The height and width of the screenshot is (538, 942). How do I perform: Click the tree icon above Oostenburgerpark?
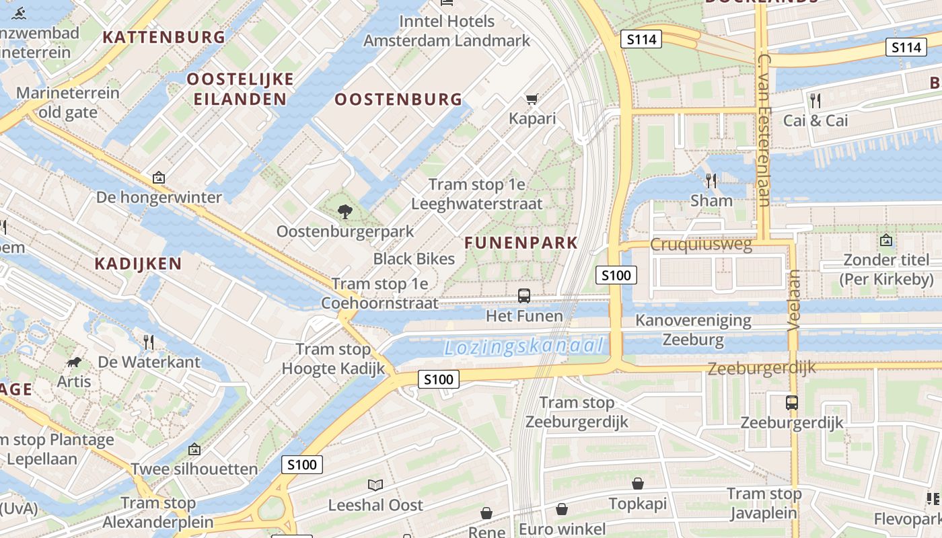point(345,212)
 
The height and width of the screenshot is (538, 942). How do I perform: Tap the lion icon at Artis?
point(73,362)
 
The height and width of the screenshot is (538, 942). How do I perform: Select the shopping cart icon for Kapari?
point(532,100)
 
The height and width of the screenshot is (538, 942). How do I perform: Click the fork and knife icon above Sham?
point(711,180)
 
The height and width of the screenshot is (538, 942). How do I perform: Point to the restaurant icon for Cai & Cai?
point(816,101)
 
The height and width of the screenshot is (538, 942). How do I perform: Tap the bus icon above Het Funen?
point(524,295)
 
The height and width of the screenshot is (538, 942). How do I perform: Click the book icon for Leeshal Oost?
point(375,485)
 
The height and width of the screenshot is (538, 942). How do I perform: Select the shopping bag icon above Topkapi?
point(637,484)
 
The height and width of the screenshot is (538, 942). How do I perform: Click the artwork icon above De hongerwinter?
point(159,178)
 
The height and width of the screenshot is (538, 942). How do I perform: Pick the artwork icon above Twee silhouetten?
point(194,449)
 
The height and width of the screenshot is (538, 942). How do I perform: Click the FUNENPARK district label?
point(521,243)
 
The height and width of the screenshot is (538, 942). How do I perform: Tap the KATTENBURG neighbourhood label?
point(164,37)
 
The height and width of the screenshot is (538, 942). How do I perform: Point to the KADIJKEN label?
point(138,263)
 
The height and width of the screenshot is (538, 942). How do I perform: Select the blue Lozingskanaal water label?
point(523,347)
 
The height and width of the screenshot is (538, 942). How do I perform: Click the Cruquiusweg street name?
point(700,244)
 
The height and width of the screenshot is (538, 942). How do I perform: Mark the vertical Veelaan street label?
point(794,300)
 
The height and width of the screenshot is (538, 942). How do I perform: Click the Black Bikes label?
point(414,259)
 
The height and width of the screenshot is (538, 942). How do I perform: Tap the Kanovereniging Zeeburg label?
point(693,330)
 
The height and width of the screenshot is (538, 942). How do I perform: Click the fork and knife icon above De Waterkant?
point(149,342)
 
